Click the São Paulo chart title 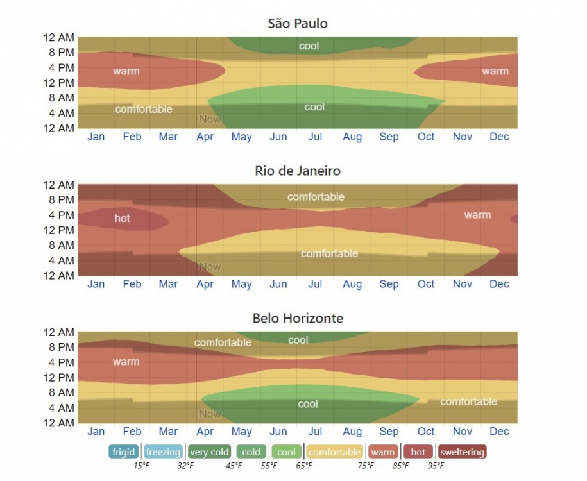click(297, 24)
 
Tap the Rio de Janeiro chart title click(297, 171)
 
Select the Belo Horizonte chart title click(297, 318)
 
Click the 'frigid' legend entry click(124, 452)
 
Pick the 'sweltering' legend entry click(462, 452)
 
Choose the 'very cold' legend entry click(209, 452)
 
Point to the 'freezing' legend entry click(163, 452)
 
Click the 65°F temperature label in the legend click(303, 466)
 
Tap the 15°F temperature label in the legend click(142, 466)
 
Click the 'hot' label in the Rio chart click(122, 218)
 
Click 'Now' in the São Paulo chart click(210, 119)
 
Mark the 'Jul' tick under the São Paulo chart click(315, 137)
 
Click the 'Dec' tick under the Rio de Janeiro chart click(499, 284)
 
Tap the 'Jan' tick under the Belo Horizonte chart click(96, 432)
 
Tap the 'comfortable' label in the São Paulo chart click(144, 109)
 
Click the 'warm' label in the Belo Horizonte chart click(126, 362)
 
